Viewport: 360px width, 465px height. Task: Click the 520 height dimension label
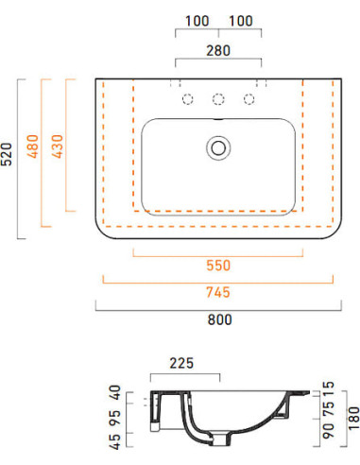coord(7,154)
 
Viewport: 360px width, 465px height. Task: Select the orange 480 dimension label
coord(33,146)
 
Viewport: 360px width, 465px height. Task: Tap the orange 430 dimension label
coord(58,146)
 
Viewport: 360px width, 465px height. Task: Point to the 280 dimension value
coord(218,50)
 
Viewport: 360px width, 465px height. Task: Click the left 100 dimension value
coord(197,21)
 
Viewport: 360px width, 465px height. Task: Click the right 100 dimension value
coord(241,21)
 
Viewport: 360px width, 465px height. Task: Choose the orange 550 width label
coord(218,266)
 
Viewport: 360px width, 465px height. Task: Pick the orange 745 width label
coord(218,292)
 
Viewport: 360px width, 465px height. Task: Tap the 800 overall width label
coord(220,319)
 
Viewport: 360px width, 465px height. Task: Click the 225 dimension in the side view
coord(181,363)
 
